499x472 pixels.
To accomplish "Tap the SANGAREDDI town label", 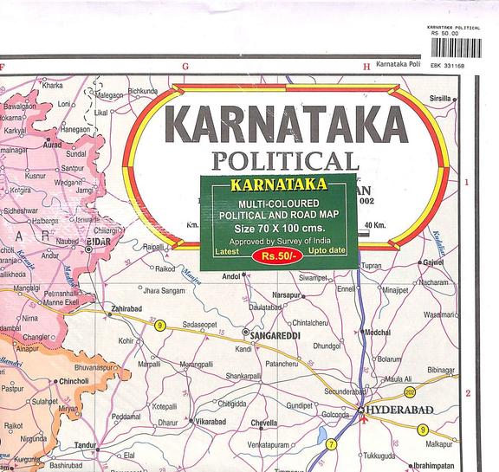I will click(276, 332).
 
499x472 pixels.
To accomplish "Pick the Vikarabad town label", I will click(211, 422).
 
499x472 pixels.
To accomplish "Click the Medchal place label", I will click(377, 333).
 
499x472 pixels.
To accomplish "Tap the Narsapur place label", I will click(285, 294).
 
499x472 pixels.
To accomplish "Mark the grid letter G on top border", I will click(185, 66).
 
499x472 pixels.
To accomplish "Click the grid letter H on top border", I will click(366, 66).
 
